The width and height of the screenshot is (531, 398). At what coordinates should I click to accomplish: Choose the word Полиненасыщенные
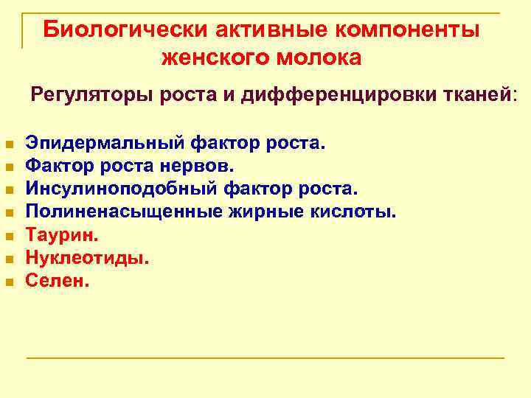[115, 212]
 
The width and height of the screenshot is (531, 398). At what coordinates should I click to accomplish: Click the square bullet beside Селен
[9, 282]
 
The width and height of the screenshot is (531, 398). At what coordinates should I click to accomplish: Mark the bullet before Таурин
[9, 237]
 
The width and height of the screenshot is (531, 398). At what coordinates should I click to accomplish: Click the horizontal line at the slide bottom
[265, 358]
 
